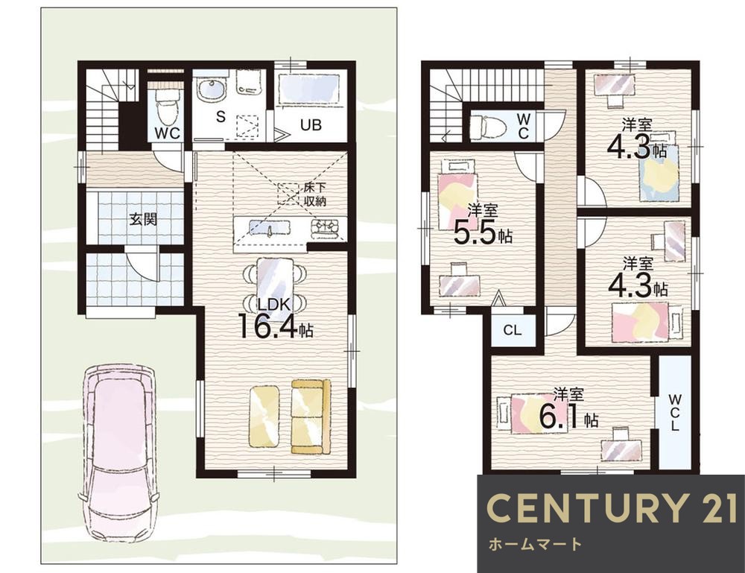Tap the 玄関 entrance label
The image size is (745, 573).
[143, 220]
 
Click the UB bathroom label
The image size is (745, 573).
[311, 124]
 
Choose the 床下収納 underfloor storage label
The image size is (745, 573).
[314, 194]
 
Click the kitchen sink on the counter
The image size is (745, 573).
[270, 229]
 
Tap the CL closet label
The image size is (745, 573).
[512, 330]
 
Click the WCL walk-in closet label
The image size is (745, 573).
[675, 411]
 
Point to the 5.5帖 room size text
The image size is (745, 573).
[483, 232]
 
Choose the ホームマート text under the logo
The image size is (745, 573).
[535, 543]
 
